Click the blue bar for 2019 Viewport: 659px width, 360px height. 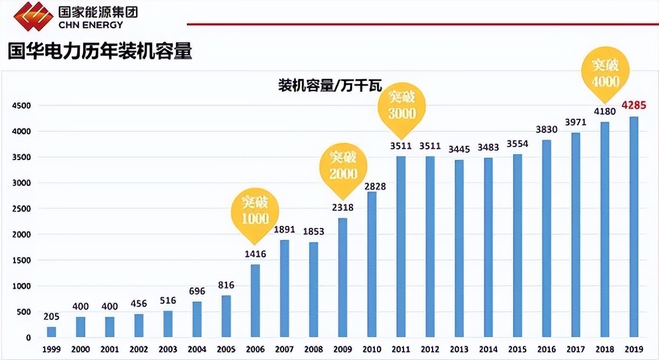(634, 227)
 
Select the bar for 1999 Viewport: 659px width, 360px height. (51, 332)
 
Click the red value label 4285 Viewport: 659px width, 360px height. (634, 105)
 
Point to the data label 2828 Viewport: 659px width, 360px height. (372, 186)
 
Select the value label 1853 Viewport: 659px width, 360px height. (313, 231)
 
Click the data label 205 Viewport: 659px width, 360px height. (51, 316)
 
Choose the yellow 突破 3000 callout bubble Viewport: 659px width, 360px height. (401, 106)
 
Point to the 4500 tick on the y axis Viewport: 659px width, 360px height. (22, 105)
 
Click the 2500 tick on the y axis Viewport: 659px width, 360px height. (22, 209)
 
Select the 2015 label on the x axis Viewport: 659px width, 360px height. (517, 349)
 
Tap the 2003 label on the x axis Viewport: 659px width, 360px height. (167, 349)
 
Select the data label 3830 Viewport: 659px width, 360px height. (546, 129)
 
